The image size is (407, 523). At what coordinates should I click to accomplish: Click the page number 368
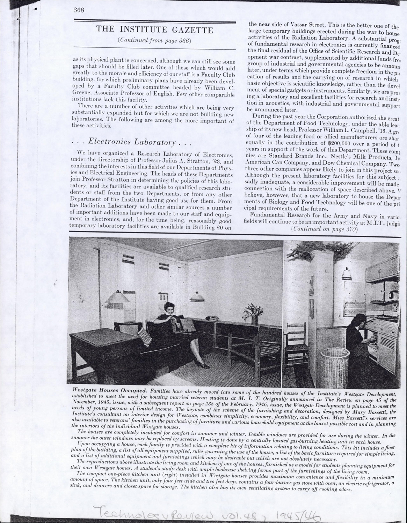pyautogui.click(x=79, y=10)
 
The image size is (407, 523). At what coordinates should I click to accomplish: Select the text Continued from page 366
pyautogui.click(x=154, y=40)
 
